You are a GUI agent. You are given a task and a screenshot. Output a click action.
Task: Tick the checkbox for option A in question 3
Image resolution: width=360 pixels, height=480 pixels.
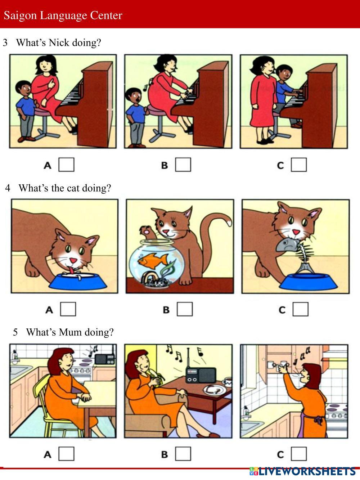pos(66,165)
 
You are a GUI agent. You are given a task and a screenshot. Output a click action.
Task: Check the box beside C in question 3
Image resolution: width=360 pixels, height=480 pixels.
pos(298,165)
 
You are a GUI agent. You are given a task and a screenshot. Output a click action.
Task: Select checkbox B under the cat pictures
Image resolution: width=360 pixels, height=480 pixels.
pos(185,309)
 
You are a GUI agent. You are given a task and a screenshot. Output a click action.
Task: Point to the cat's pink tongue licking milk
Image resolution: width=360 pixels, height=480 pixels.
pos(71,271)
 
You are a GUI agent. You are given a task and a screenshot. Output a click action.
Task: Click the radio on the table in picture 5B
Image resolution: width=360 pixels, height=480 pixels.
pos(201,375)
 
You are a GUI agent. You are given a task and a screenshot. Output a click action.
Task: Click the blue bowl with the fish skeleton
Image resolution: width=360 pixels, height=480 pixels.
pos(309,282)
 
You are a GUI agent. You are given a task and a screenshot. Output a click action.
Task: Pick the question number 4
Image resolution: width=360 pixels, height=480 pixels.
pos(8,188)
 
